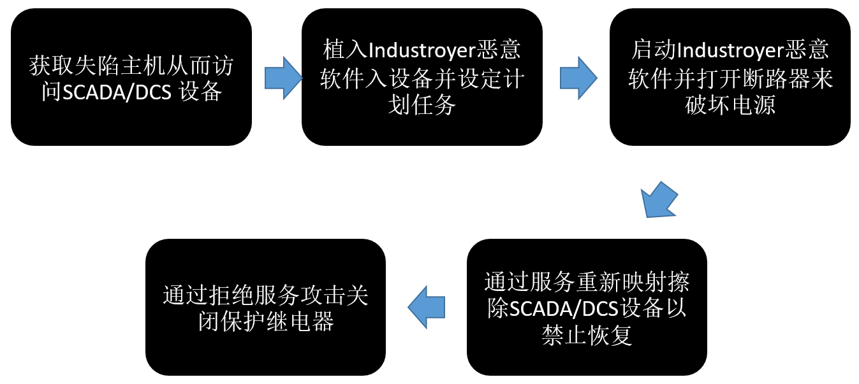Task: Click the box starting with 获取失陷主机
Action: [x=131, y=77]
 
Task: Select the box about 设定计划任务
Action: [x=422, y=77]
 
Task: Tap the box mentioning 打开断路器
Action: [x=730, y=77]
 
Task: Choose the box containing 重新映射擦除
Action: [x=587, y=307]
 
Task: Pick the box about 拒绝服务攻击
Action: [x=265, y=307]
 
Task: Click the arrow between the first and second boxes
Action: [x=283, y=78]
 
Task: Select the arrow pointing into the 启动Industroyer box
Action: [x=578, y=78]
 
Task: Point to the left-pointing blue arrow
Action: [x=426, y=307]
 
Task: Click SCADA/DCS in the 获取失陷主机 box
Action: [x=117, y=92]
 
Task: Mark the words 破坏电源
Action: [x=730, y=105]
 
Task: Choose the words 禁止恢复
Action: [x=587, y=336]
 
